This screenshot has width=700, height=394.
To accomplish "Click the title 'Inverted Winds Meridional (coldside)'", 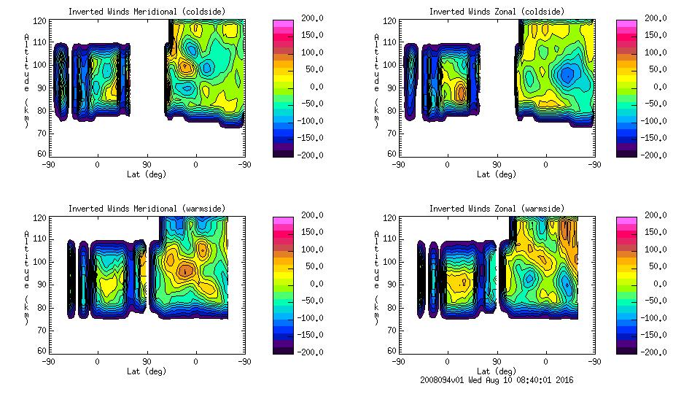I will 147,12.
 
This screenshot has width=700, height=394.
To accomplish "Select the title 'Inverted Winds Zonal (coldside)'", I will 497,12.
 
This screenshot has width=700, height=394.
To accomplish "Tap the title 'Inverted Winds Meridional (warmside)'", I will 147,209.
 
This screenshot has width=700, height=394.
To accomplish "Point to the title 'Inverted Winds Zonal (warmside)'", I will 497,209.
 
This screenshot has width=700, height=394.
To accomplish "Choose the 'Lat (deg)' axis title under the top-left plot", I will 147,174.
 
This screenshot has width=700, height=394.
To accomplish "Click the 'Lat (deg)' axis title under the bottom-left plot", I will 147,371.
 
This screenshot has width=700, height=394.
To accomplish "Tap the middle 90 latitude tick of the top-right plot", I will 497,165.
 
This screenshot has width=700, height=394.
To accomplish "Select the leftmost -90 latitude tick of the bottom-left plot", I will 48,362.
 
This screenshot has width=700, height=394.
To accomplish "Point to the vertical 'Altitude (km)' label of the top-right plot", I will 377,80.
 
